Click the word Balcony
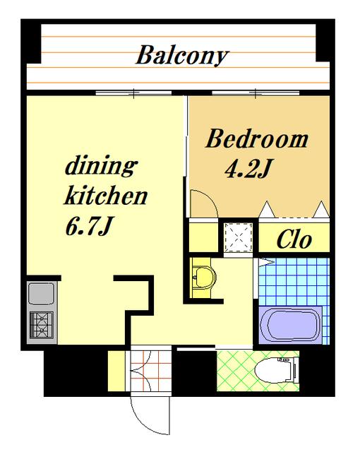(x=182, y=56)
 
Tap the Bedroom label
(x=257, y=139)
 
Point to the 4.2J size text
(x=248, y=168)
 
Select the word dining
(x=102, y=166)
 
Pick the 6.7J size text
(x=89, y=226)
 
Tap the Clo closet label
(x=294, y=239)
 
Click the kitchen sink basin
(x=42, y=294)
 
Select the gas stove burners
(x=42, y=325)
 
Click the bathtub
(x=290, y=325)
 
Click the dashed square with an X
(x=238, y=237)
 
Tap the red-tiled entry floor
(x=151, y=371)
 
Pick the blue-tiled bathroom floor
(x=294, y=282)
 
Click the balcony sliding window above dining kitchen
(x=133, y=93)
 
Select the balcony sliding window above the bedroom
(x=256, y=93)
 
